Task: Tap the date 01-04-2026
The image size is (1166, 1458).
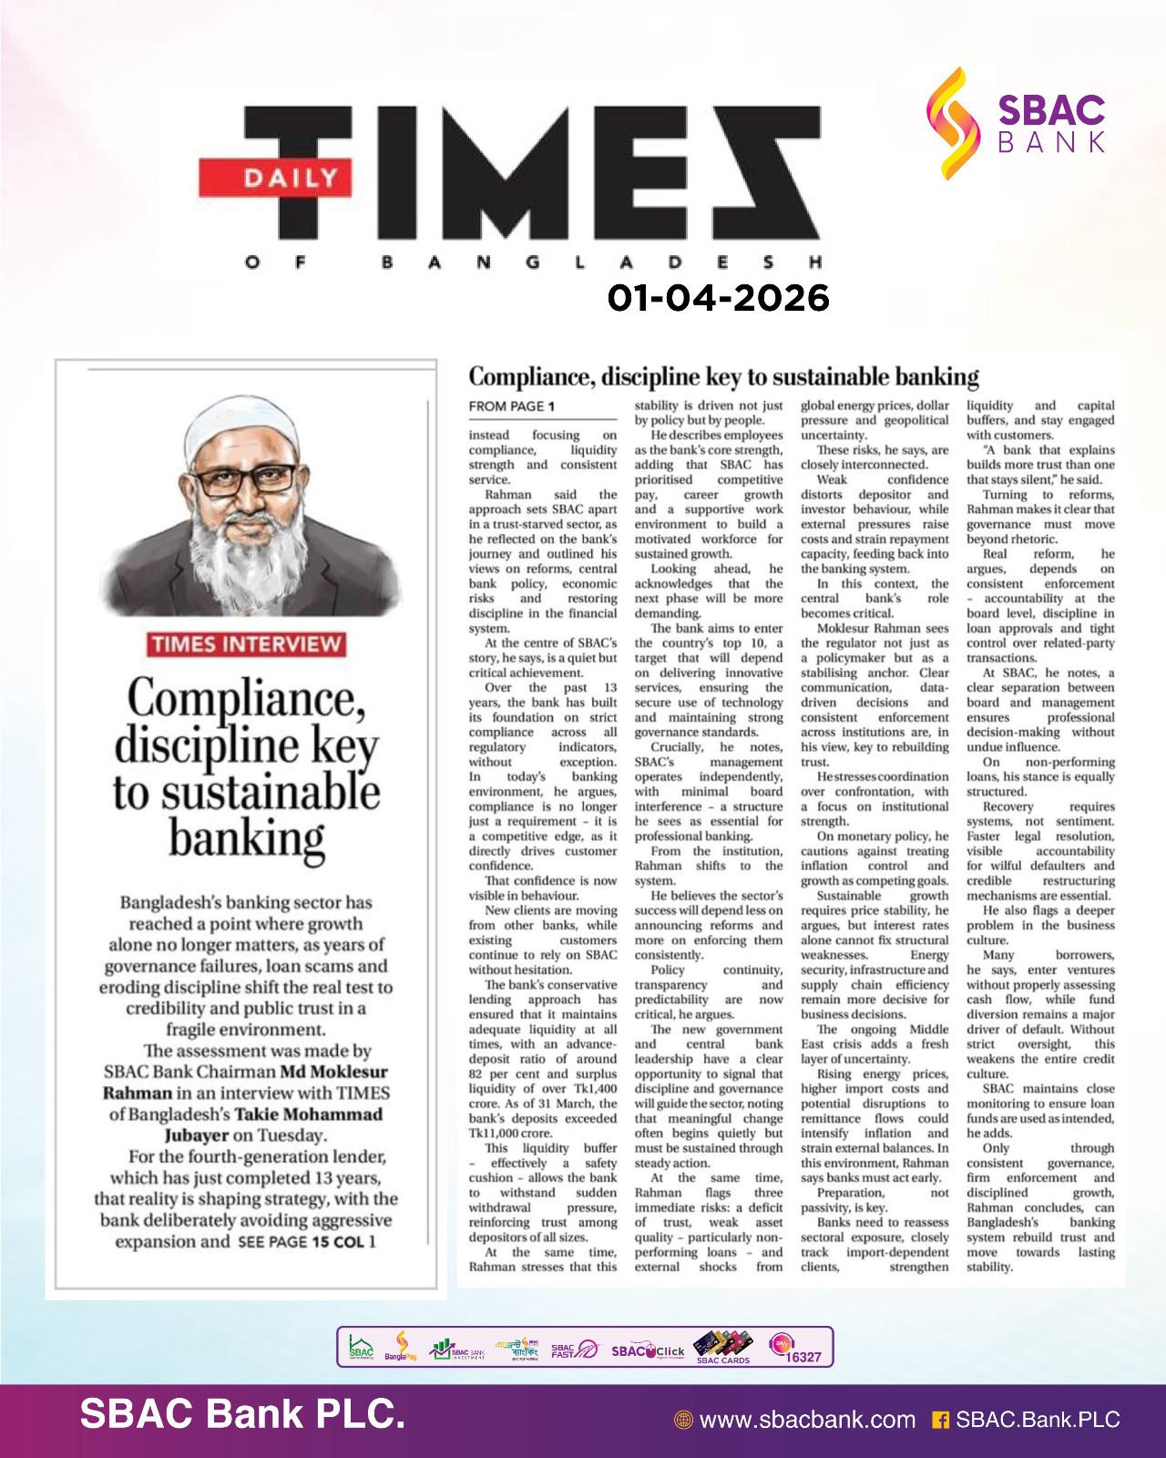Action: [719, 298]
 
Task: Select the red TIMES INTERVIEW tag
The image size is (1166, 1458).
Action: [246, 644]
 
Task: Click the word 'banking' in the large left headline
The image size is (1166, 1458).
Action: [246, 837]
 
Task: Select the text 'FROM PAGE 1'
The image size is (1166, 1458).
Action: [511, 406]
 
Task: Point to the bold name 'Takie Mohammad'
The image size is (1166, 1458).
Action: [309, 1114]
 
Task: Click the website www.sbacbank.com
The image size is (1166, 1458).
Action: [806, 1420]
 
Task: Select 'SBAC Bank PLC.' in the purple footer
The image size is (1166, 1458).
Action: [242, 1414]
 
